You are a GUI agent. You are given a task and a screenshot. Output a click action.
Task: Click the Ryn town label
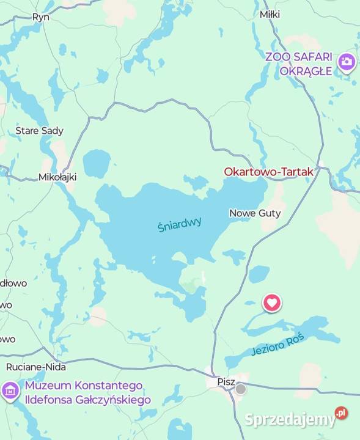point(40,17)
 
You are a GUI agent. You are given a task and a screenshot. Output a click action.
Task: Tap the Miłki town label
point(270,14)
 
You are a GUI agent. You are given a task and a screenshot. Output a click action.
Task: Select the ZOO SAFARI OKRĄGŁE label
point(299,64)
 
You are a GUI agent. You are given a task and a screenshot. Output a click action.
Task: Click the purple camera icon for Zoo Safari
point(347,62)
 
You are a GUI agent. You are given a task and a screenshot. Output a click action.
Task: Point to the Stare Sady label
point(39,131)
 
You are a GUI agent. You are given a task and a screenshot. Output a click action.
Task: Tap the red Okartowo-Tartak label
point(268,172)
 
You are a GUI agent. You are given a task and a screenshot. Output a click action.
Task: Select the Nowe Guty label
point(255,213)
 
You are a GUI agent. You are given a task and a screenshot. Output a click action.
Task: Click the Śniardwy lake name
point(179,225)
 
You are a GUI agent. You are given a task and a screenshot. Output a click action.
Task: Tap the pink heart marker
point(272,302)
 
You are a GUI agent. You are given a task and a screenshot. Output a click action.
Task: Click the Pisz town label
point(226,381)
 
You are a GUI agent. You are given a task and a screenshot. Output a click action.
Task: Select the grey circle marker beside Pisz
point(241,389)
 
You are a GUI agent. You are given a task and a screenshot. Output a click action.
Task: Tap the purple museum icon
point(10,391)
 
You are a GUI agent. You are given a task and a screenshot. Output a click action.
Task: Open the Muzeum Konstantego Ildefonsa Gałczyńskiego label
point(87,393)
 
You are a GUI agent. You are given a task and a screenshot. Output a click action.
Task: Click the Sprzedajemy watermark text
point(290,419)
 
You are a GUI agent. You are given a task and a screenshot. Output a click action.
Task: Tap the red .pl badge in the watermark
point(341,413)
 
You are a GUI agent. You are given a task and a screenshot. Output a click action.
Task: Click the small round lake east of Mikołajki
point(97,164)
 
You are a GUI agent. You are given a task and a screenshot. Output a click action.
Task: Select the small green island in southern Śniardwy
point(193,285)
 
